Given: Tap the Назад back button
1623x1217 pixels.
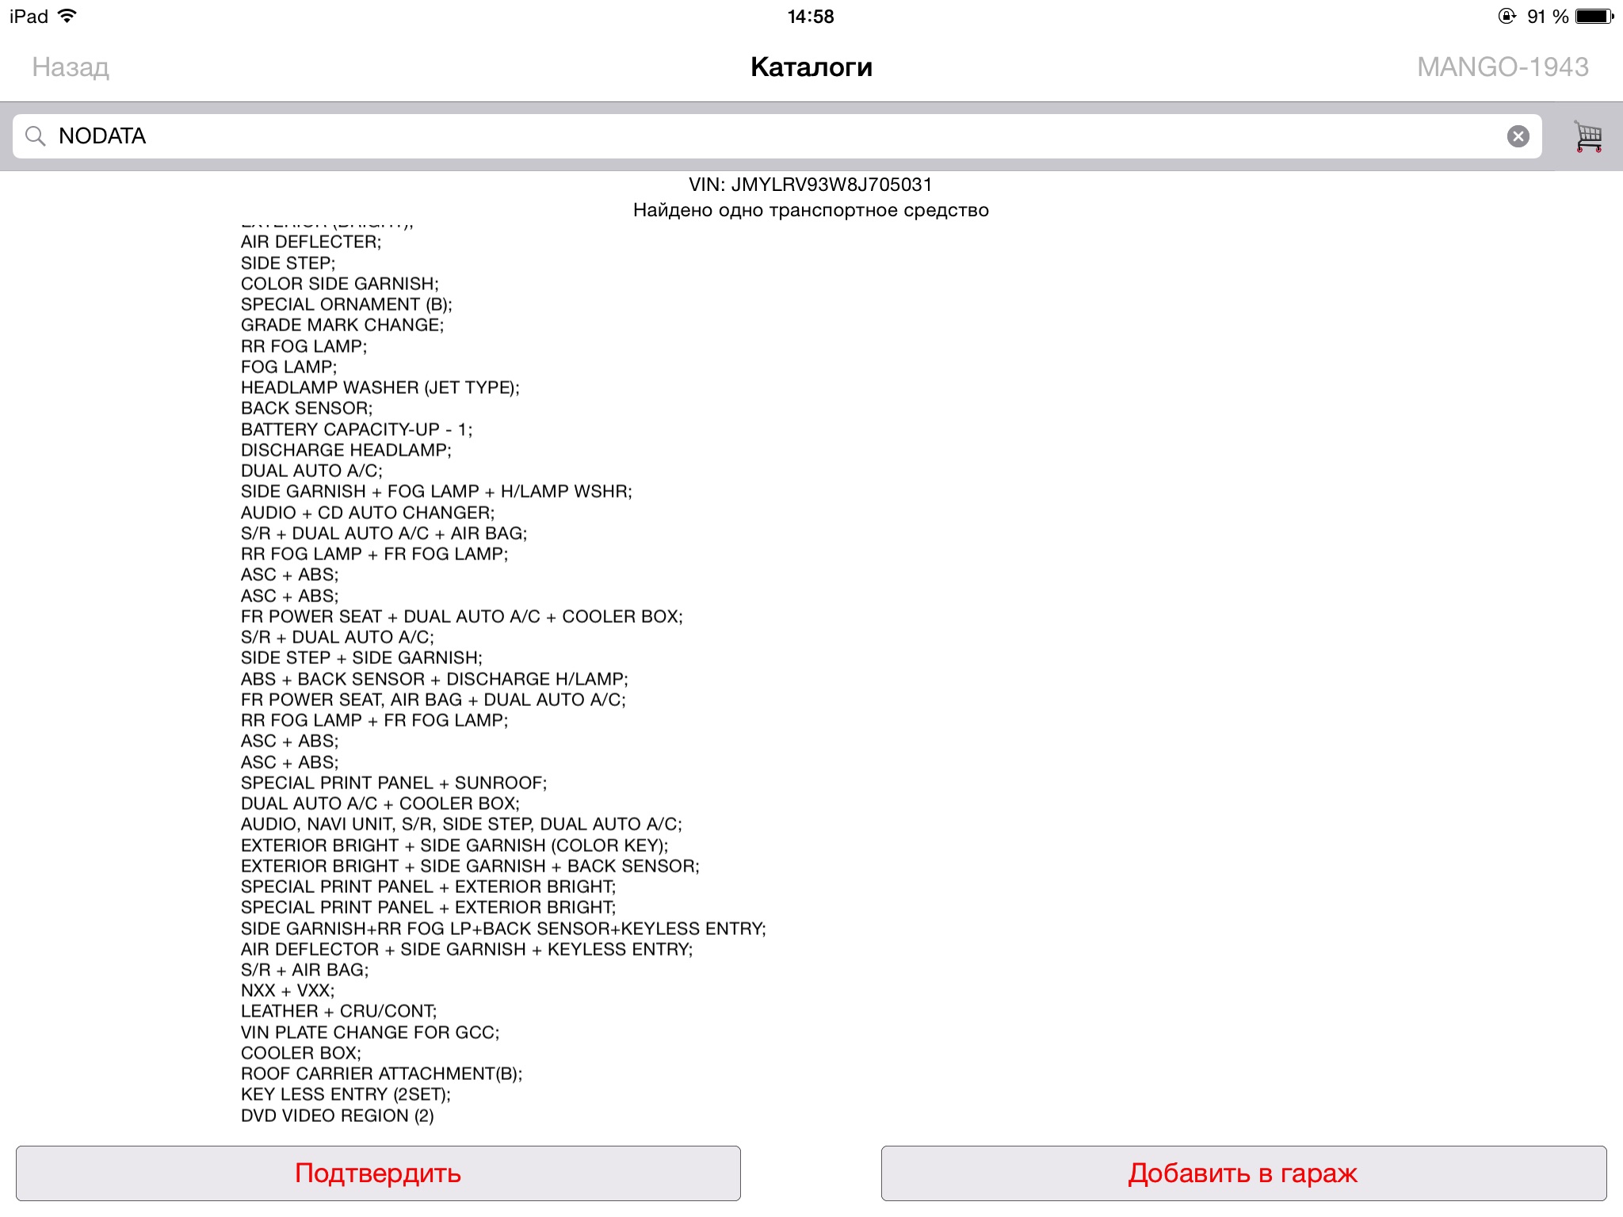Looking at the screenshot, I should pyautogui.click(x=71, y=67).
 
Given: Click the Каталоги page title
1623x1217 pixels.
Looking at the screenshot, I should pyautogui.click(x=811, y=67).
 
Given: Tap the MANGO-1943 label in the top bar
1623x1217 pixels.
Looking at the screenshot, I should pyautogui.click(x=1503, y=67).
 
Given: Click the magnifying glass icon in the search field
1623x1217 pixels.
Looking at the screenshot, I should pyautogui.click(x=35, y=136).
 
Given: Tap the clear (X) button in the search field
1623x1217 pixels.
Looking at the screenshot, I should pyautogui.click(x=1518, y=136).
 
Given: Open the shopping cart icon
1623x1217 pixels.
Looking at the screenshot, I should pyautogui.click(x=1587, y=136).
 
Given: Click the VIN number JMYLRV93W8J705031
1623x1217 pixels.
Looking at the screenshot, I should pyautogui.click(x=831, y=185).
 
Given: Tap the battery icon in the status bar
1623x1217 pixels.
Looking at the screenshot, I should pyautogui.click(x=1594, y=17).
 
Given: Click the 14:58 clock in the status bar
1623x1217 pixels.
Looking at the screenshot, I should pyautogui.click(x=811, y=17).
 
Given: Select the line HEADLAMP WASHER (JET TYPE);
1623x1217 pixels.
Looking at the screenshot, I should pyautogui.click(x=380, y=387).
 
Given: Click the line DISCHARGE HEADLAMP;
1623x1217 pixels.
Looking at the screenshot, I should pyautogui.click(x=346, y=450).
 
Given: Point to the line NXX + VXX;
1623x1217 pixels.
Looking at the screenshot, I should pyautogui.click(x=288, y=990).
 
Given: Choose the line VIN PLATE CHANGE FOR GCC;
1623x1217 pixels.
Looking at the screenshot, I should pyautogui.click(x=370, y=1032).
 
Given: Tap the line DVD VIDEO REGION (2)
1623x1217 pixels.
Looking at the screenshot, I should pyautogui.click(x=337, y=1116).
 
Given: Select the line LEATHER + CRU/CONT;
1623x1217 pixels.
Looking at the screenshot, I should pyautogui.click(x=338, y=1011).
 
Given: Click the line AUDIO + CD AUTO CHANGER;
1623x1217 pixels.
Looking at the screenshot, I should pyautogui.click(x=367, y=513).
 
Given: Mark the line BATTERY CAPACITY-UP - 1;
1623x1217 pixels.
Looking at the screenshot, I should pyautogui.click(x=356, y=429).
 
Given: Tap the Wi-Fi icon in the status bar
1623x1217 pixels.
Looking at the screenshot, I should pyautogui.click(x=68, y=17).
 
